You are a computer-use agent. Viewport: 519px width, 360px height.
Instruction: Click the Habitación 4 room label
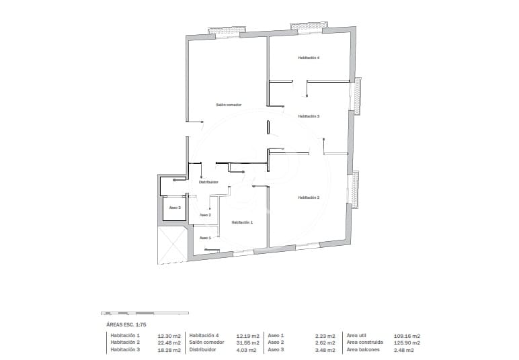click(x=309, y=58)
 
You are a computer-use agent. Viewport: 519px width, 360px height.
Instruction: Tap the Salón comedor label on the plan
click(x=229, y=105)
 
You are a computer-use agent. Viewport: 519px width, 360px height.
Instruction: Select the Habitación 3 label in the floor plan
click(x=309, y=116)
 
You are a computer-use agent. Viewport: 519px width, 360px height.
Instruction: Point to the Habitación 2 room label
click(x=309, y=197)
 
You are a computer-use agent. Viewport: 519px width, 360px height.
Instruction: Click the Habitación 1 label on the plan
click(x=242, y=222)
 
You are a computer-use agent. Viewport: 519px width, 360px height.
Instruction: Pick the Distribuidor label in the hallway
click(x=208, y=182)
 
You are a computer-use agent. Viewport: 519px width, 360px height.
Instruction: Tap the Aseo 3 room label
click(x=175, y=208)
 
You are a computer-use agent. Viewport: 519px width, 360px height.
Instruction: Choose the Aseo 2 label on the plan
click(x=205, y=215)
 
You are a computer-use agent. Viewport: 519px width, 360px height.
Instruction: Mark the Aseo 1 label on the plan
click(x=205, y=238)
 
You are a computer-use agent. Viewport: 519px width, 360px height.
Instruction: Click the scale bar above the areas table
click(x=145, y=313)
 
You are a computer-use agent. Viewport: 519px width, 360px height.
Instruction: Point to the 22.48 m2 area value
click(x=169, y=343)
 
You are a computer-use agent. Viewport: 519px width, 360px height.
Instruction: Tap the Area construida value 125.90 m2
click(x=407, y=343)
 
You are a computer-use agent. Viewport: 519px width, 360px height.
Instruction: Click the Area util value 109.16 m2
click(x=407, y=335)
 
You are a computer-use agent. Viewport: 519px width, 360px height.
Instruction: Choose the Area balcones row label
click(x=363, y=350)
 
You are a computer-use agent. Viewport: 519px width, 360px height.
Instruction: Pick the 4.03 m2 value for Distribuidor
click(x=247, y=350)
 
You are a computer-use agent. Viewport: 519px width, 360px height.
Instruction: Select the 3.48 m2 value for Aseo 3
click(x=325, y=350)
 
